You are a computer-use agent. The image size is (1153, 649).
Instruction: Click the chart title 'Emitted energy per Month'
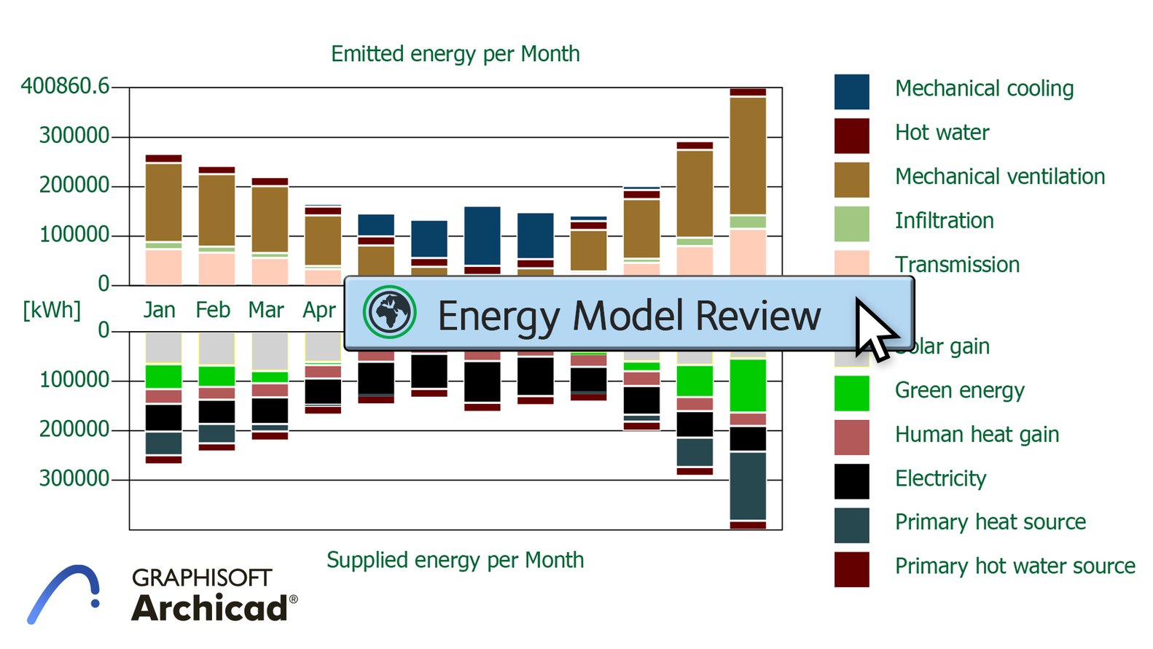click(455, 54)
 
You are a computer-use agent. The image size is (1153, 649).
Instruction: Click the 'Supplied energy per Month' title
click(455, 560)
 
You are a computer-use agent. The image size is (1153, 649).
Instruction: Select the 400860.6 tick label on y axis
click(65, 86)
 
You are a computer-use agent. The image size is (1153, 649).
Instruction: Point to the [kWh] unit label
click(51, 310)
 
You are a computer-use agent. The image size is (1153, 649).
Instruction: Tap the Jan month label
click(159, 310)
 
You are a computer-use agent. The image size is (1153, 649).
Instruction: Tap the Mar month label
click(265, 310)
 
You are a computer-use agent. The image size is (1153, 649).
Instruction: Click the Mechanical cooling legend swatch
click(851, 92)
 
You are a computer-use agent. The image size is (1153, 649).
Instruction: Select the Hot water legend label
click(942, 133)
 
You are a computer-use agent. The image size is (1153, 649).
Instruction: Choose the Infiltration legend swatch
click(851, 224)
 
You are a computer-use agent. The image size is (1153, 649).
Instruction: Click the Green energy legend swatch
click(851, 393)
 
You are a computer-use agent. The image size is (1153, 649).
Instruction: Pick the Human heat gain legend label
click(977, 435)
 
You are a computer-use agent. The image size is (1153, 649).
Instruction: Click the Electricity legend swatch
click(851, 481)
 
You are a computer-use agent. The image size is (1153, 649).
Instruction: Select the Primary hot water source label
click(1015, 566)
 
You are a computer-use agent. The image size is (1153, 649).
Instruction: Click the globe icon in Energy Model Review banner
click(390, 312)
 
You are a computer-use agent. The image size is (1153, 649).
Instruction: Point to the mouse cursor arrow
click(873, 329)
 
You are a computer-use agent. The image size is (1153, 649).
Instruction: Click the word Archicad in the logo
click(210, 608)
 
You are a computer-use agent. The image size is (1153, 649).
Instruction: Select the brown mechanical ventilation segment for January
click(163, 202)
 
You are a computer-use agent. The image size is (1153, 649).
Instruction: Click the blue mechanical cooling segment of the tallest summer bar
click(482, 236)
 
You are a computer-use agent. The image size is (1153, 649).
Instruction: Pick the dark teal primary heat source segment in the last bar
click(748, 486)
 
